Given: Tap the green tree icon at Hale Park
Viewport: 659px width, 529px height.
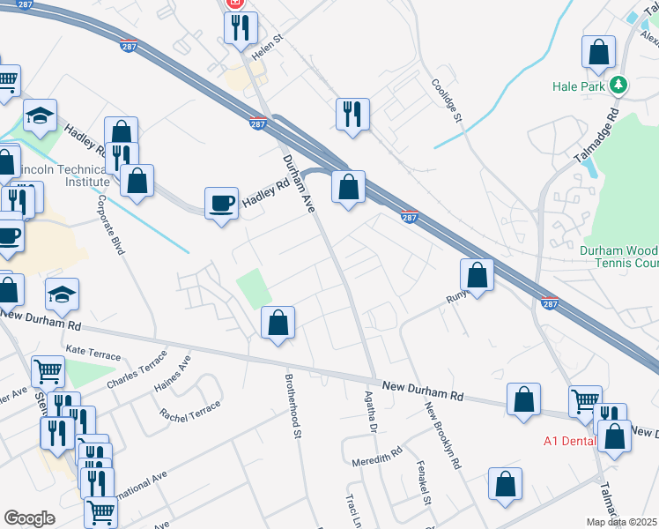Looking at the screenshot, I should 620,86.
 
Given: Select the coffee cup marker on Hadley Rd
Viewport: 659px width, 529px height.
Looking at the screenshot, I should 221,202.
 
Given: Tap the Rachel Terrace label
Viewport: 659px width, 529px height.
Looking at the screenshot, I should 190,409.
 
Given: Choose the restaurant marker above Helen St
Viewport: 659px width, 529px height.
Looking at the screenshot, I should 241,27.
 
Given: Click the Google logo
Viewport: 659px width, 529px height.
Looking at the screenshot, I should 28,518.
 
